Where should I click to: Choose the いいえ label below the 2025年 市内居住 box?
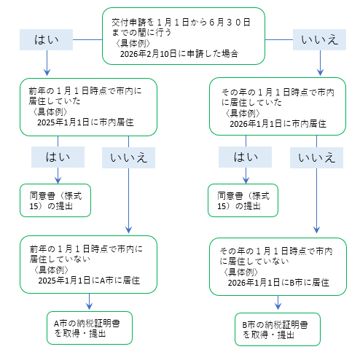click(x=128, y=156)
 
